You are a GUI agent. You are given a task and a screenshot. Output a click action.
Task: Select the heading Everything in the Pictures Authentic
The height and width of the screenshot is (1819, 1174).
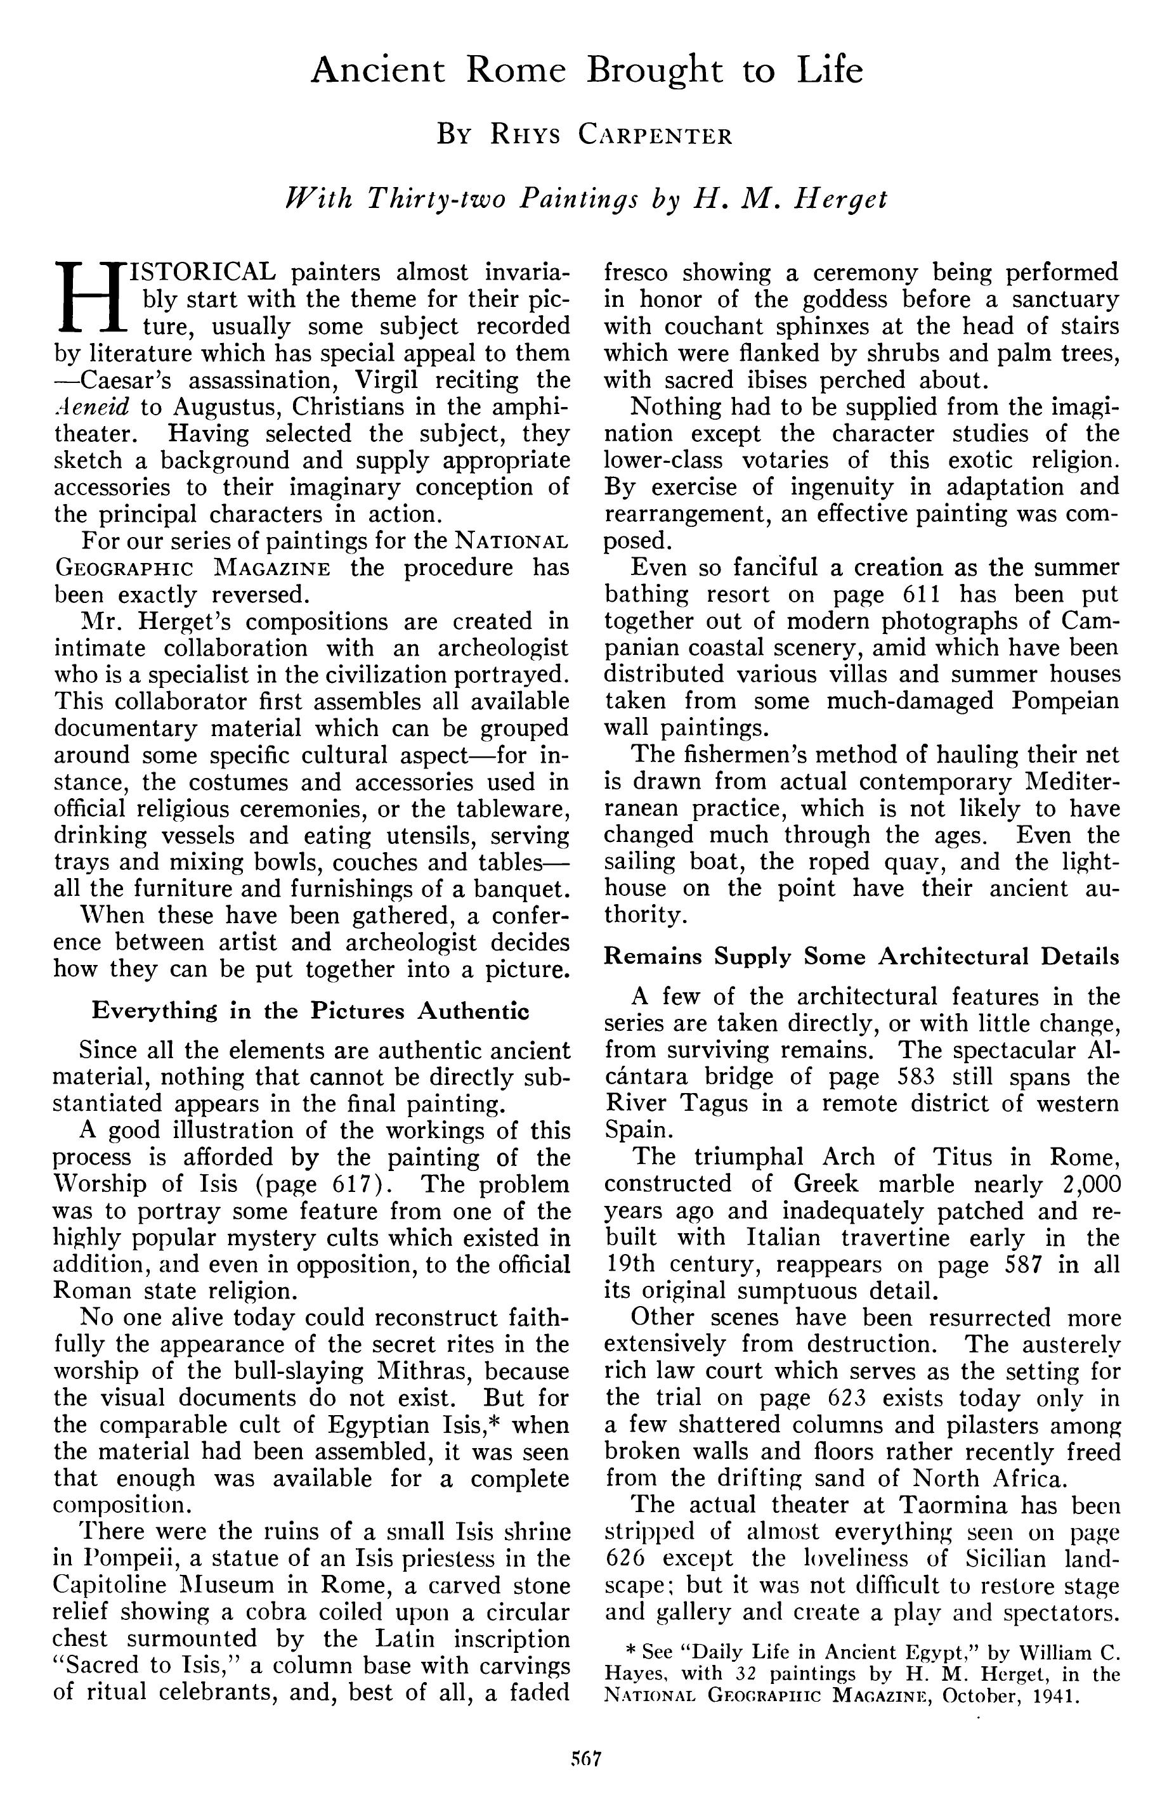(310, 1011)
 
